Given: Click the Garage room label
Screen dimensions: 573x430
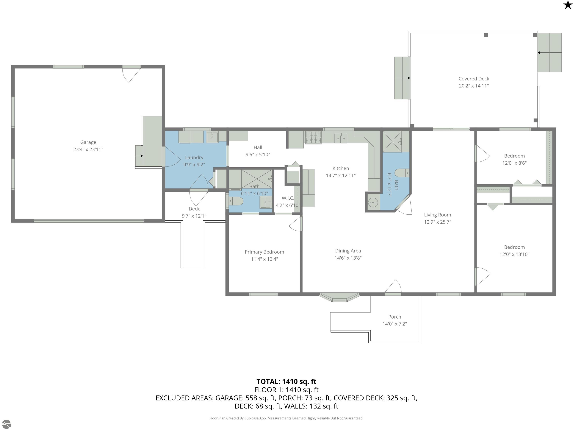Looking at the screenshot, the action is point(88,142).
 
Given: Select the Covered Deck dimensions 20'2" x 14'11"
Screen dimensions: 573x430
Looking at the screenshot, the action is point(474,86).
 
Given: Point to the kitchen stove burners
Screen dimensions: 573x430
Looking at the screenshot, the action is point(313,137).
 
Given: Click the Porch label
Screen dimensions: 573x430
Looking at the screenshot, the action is point(394,317).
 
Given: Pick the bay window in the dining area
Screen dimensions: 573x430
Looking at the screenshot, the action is point(339,297).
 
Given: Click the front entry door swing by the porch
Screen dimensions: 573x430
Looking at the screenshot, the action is point(393,287).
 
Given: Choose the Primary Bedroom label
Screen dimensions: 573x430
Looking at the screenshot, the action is point(264,252).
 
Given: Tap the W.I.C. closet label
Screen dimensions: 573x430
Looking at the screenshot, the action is point(288,198).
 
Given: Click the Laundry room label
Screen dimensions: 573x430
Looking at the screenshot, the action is point(194,157).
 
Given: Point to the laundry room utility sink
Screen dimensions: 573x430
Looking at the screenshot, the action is point(212,137).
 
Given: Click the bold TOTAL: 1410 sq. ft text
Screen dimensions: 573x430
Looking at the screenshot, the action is point(286,381).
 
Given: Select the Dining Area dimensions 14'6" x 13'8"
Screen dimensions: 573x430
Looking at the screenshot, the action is point(348,258).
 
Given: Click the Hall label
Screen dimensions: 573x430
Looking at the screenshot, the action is point(258,147).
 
